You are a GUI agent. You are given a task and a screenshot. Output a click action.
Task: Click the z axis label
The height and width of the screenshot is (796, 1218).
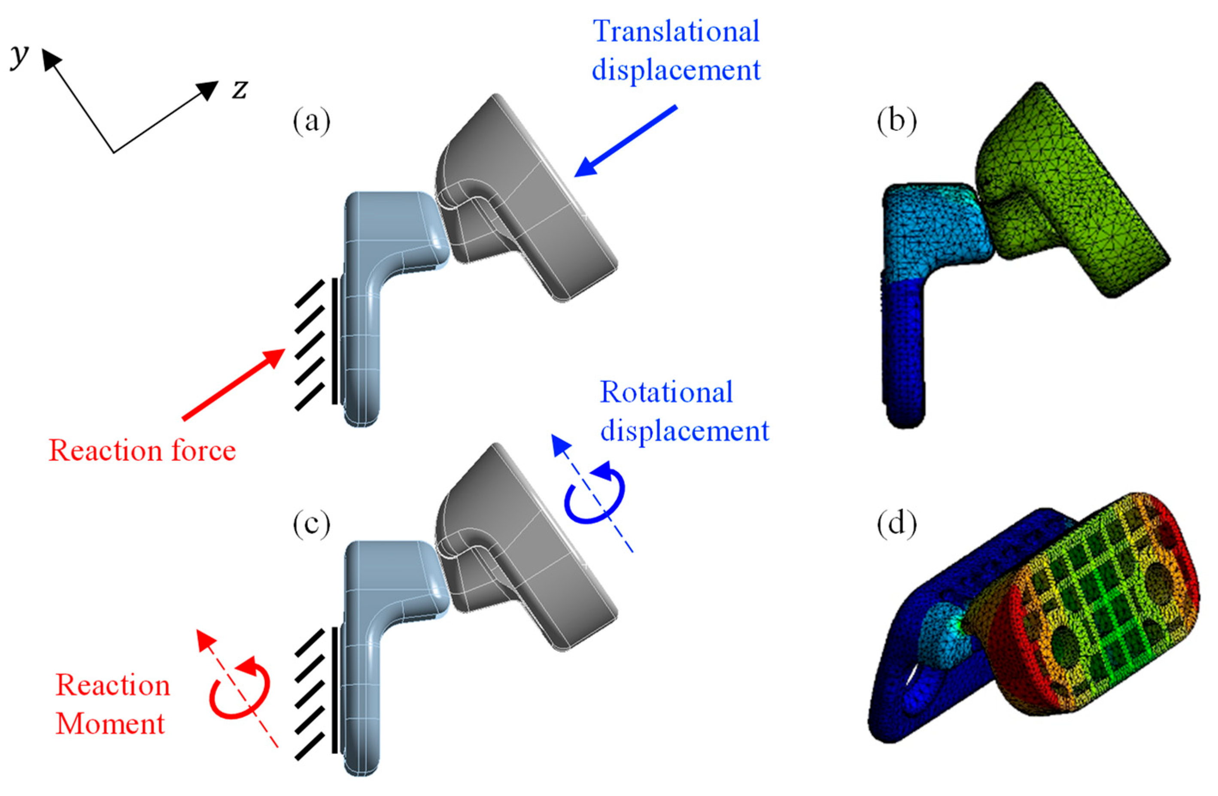(239, 90)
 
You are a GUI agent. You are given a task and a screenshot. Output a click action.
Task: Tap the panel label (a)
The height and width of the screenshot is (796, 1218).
(311, 122)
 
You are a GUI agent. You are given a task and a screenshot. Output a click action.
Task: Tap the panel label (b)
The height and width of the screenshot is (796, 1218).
(896, 122)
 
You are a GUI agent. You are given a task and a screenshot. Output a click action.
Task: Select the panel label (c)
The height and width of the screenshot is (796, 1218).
(311, 524)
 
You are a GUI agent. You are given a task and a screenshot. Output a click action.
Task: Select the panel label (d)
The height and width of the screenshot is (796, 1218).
(896, 524)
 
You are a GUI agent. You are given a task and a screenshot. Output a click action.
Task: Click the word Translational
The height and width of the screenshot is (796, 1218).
(676, 32)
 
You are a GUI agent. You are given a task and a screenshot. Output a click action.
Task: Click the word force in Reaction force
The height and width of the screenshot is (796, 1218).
(203, 451)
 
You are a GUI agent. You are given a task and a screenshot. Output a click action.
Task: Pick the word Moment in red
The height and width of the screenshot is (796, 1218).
(110, 724)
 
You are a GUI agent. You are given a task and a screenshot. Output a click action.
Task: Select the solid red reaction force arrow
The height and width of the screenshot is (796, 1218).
(233, 384)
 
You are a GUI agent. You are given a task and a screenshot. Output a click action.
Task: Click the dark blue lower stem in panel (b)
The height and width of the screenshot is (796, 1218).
(903, 353)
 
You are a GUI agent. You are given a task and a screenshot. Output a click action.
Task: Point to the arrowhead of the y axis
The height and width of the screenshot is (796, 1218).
(50, 59)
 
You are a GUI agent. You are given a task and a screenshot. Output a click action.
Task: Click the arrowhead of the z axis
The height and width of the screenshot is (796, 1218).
(209, 90)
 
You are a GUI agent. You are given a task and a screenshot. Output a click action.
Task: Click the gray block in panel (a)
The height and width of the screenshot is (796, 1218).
(527, 205)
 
